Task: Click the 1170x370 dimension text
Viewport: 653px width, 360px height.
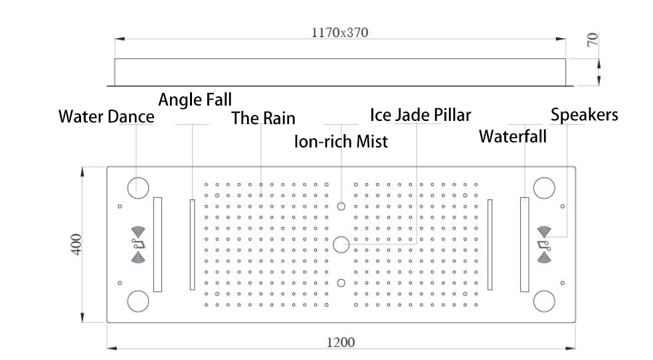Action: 340,33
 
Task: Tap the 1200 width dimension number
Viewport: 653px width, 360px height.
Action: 341,343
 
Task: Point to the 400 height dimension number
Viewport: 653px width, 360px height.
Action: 76,244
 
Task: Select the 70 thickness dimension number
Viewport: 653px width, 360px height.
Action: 593,40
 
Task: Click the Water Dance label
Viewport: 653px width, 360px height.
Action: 106,116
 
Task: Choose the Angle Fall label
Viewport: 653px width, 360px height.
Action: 195,100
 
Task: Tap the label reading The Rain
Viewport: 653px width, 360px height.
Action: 263,118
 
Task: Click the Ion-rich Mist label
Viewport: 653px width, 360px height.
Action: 341,141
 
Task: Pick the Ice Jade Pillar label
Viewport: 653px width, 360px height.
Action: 420,115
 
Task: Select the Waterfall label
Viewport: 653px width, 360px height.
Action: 513,137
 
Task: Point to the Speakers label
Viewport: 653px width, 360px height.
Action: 585,115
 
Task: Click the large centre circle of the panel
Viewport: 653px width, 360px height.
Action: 341,244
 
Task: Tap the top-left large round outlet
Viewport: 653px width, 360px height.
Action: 138,188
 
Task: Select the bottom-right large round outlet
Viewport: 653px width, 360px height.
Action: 544,302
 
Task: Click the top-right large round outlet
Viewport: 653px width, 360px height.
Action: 544,188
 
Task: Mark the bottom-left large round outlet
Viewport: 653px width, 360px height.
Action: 138,302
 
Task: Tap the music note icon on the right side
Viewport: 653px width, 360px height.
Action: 544,244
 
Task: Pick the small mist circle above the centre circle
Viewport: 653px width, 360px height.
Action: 341,206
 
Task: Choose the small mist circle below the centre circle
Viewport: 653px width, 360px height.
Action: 341,283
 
